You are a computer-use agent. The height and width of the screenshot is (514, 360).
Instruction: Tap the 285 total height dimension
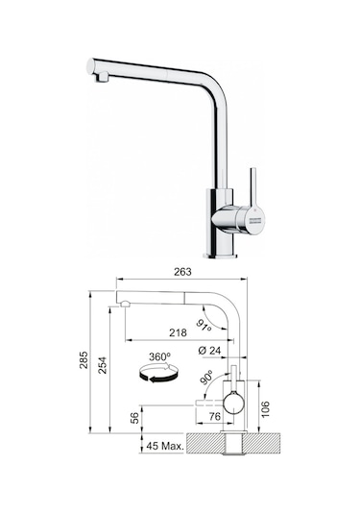pos(84,361)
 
